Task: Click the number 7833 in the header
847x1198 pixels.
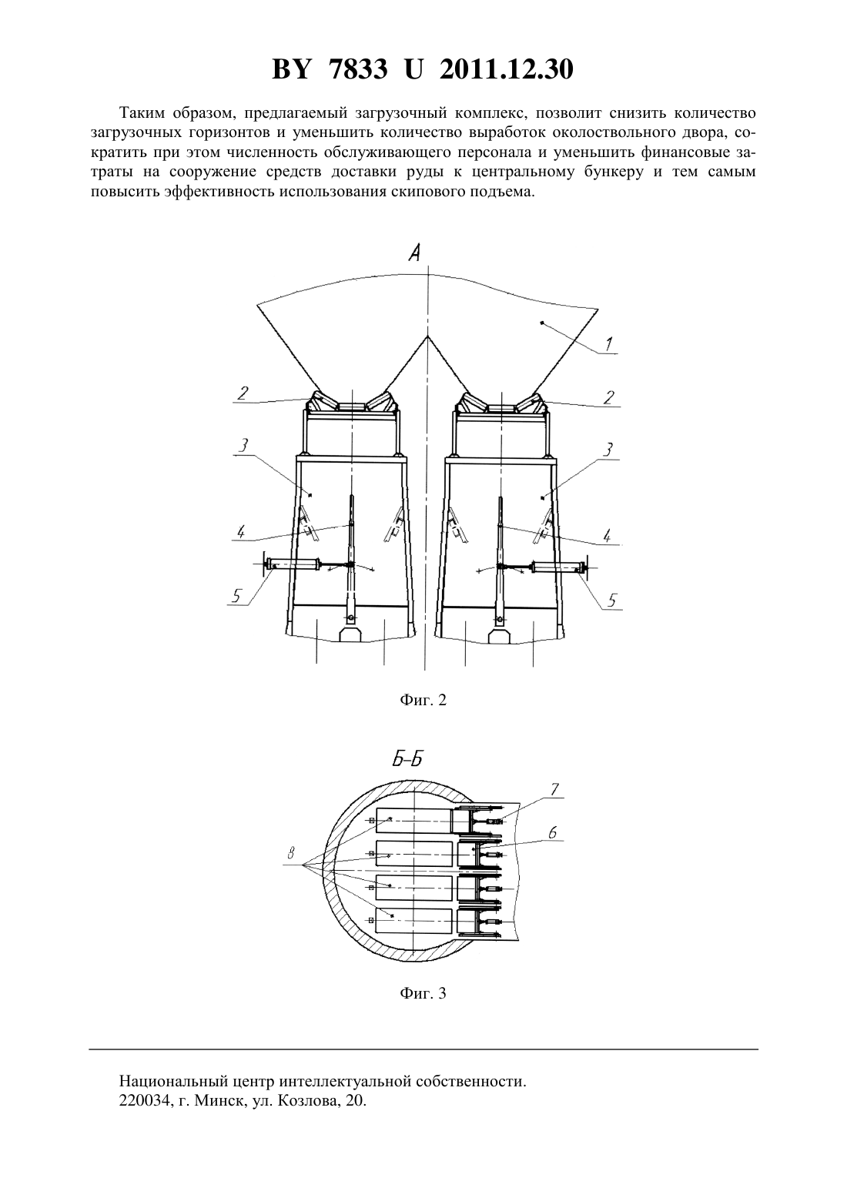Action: (x=358, y=69)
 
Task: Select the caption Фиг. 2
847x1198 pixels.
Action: (x=423, y=700)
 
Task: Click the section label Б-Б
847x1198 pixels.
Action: (x=407, y=758)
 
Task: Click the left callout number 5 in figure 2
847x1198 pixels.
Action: (x=238, y=594)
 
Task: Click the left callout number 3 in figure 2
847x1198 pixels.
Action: (x=243, y=444)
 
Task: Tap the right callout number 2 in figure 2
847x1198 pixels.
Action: (x=608, y=397)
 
